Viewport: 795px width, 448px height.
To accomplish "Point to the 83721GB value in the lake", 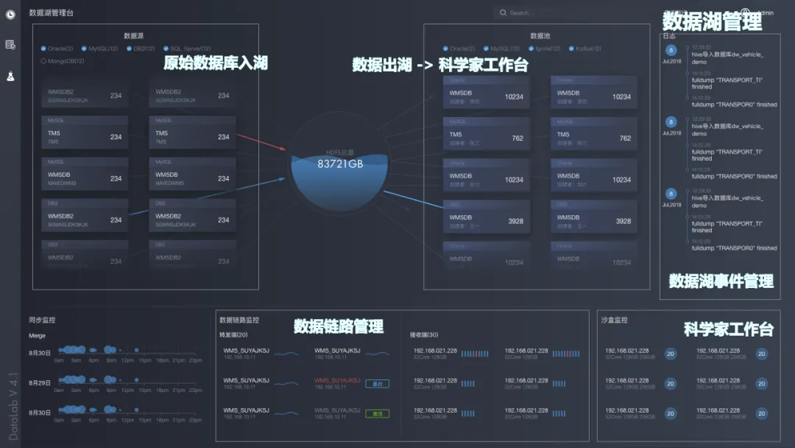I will point(340,164).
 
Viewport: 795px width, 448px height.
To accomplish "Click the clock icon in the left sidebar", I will point(10,14).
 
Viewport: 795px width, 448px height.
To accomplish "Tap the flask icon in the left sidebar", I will point(10,76).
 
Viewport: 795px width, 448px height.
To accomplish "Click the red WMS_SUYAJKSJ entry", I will point(337,381).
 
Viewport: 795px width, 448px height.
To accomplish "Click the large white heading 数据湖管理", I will point(712,21).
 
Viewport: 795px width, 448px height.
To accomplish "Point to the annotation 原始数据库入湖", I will point(215,63).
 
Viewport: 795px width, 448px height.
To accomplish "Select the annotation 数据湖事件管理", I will point(721,281).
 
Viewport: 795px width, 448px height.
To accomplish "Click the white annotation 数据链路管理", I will point(339,326).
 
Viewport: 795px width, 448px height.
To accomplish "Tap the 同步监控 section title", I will point(42,320).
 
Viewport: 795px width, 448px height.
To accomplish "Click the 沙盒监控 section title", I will point(615,320).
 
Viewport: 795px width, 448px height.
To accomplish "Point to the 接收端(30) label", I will point(424,334).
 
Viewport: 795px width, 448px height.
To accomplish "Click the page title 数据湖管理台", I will point(51,13).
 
